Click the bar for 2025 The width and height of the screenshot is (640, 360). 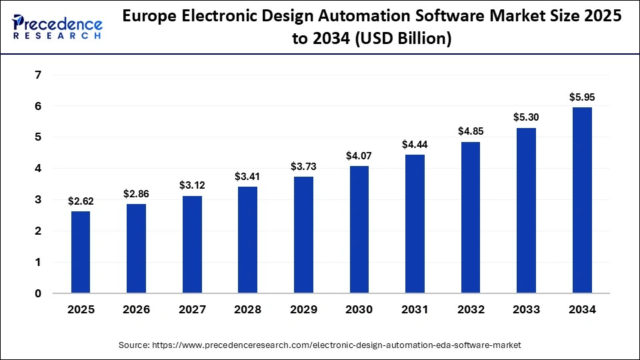coord(81,252)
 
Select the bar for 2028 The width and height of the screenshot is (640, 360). coord(247,239)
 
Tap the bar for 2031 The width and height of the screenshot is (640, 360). coord(415,223)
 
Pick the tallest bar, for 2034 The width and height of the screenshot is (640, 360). coord(582,200)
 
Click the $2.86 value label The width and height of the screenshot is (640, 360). coord(136,193)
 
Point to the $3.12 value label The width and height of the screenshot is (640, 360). coord(192,185)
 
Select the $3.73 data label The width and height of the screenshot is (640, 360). coord(303,166)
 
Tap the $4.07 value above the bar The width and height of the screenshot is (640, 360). coord(359,155)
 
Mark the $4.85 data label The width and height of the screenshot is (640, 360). coord(471,131)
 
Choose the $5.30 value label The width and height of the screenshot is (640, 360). coord(526,117)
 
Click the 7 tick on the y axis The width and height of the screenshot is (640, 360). coord(38,75)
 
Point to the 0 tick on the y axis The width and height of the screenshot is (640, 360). coord(38,293)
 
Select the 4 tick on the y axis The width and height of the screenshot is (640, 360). coord(38,169)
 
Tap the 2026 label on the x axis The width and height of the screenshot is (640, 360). coord(136,310)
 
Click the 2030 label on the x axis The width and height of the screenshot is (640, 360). coord(359,310)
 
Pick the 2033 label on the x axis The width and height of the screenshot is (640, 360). coord(526,310)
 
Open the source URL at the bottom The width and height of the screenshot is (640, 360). coord(319,345)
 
